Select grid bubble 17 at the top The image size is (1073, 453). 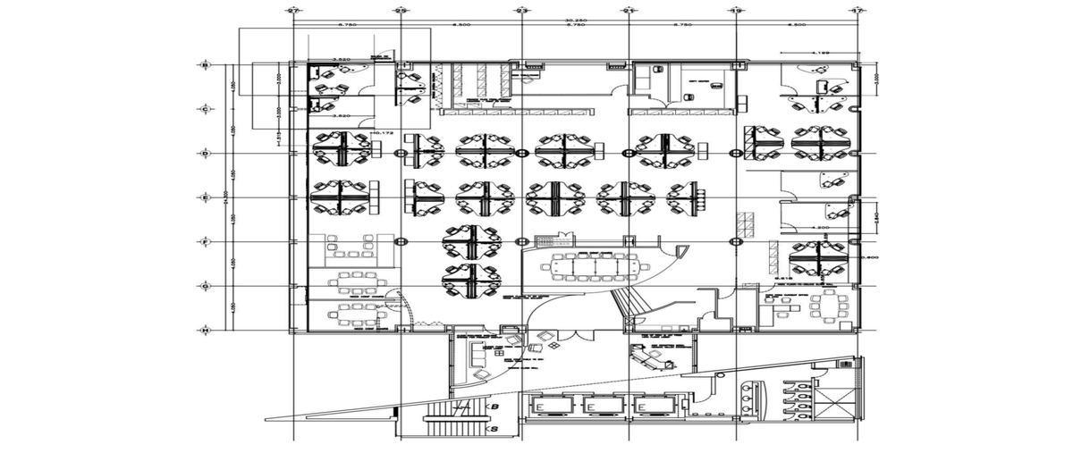coord(858,10)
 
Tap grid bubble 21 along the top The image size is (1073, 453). coord(629,10)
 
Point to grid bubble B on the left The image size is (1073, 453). coord(206,65)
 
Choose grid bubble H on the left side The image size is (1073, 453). coord(206,331)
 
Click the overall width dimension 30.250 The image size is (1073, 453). coord(575,19)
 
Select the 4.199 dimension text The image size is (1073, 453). coord(821,54)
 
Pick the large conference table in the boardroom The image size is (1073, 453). coord(592,264)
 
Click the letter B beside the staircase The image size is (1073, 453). coord(494,407)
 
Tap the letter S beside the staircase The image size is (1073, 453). coord(494,430)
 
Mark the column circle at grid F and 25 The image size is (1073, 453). coord(400,240)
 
